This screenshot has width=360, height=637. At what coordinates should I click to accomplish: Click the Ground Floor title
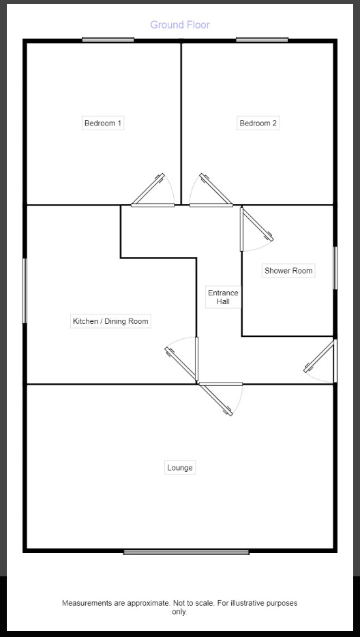[x=180, y=25]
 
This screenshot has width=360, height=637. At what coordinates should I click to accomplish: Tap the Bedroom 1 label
[x=103, y=123]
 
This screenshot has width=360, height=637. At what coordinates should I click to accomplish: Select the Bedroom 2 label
[x=258, y=123]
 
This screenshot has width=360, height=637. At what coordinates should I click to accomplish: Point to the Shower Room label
[x=288, y=271]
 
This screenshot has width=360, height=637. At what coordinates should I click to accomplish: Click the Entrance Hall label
[x=223, y=297]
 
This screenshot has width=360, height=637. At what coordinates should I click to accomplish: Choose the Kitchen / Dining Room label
[x=110, y=321]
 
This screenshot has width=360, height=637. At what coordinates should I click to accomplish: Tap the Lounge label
[x=180, y=468]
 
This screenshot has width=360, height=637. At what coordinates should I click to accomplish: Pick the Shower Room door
[x=257, y=230]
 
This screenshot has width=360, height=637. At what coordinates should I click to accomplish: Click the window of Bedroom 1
[x=108, y=40]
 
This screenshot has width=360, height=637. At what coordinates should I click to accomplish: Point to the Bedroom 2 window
[x=262, y=40]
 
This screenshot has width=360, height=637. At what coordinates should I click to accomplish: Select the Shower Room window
[x=335, y=268]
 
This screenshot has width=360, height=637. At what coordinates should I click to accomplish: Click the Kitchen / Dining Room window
[x=25, y=291]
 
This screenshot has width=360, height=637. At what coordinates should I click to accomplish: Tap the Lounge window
[x=186, y=552]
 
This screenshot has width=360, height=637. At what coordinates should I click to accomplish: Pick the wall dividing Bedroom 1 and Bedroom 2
[x=181, y=123]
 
